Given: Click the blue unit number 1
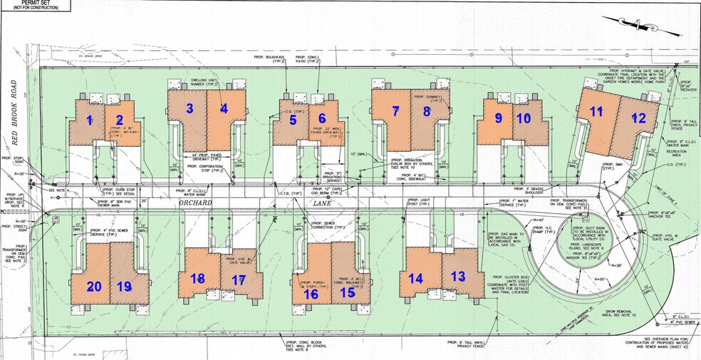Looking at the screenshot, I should point(90,120).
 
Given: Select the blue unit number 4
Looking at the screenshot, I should point(224,109).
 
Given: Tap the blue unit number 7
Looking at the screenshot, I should point(395,110).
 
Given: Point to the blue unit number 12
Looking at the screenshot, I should point(638,119).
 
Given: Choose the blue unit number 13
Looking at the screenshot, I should point(457,277).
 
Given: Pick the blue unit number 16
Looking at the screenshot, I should point(311,292).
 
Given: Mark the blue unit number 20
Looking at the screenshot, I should point(94,286).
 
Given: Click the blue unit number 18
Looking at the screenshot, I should point(197,278).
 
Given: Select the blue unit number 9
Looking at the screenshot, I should point(499,118).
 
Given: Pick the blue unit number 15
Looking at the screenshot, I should point(347,291).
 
